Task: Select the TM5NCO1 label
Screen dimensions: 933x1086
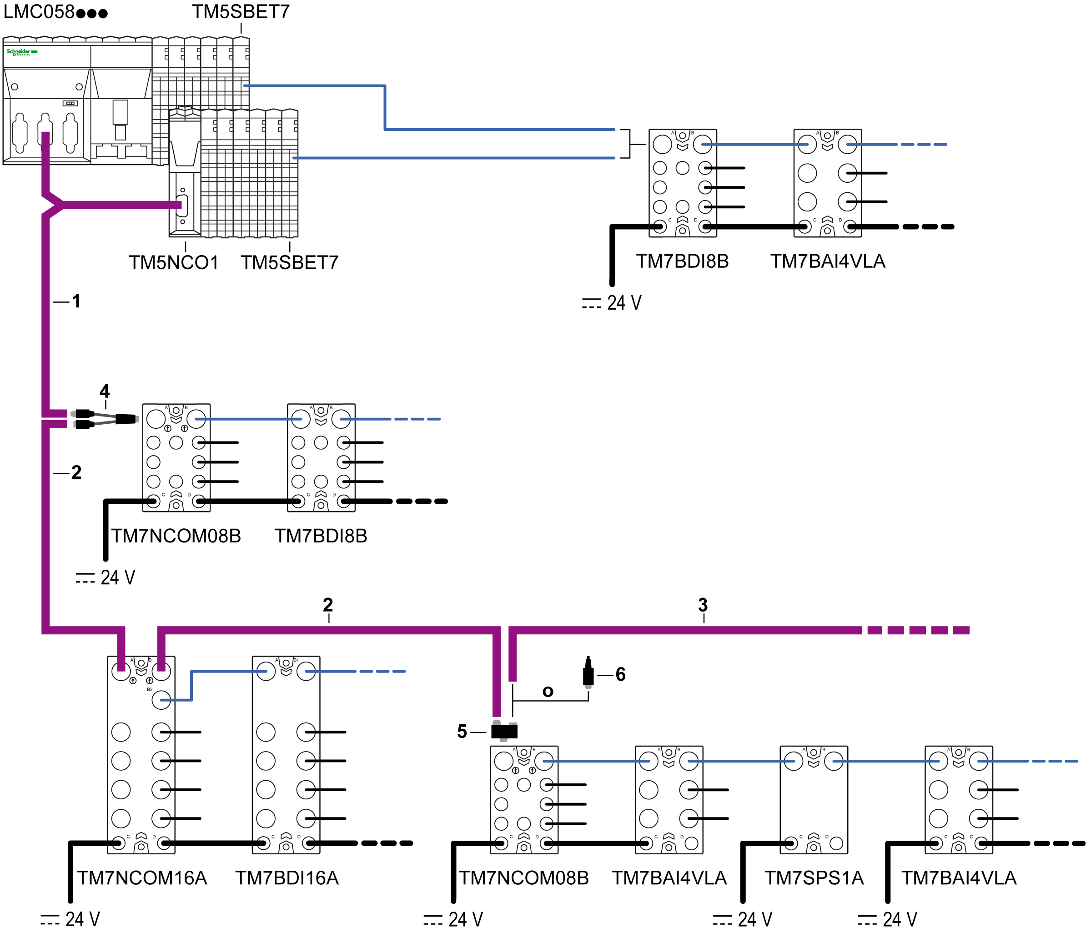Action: click(173, 263)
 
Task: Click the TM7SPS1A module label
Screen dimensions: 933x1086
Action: click(814, 878)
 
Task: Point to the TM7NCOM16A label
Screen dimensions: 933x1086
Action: click(142, 878)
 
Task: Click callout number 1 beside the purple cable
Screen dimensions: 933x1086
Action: click(76, 301)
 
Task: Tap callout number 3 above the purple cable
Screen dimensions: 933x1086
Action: click(703, 605)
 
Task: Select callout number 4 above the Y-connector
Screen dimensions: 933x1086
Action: click(105, 391)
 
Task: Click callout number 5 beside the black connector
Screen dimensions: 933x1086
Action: click(462, 731)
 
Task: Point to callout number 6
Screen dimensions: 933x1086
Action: click(621, 674)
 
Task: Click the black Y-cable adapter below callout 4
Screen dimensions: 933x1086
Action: click(105, 419)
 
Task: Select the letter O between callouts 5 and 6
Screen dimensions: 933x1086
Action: click(548, 692)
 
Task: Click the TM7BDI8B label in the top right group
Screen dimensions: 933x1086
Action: click(683, 261)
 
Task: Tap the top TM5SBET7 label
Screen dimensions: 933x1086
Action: click(241, 11)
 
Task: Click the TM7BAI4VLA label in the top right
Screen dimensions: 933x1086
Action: click(828, 261)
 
